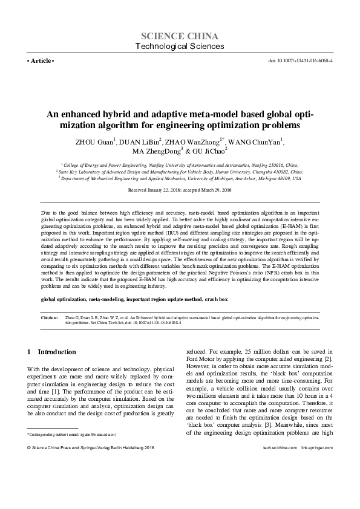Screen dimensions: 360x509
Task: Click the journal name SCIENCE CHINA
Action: [180, 36]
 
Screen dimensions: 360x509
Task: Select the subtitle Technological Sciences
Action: [180, 47]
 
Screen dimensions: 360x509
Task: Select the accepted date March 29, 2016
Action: [212, 190]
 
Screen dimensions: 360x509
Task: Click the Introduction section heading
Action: [53, 352]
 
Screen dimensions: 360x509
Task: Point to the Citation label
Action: [49, 317]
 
